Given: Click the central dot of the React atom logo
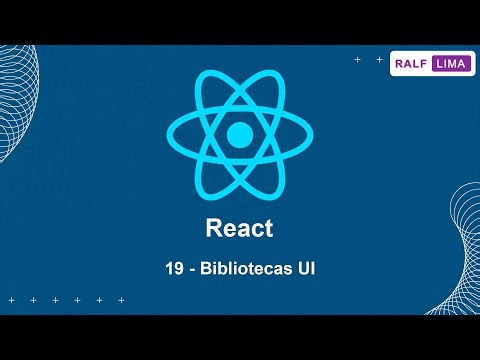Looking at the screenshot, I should [x=239, y=134].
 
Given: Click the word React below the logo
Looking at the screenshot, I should [x=239, y=228].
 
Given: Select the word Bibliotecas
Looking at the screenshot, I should [x=243, y=270].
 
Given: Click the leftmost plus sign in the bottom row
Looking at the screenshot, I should [x=11, y=300].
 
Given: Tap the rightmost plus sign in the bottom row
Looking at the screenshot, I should [x=121, y=300].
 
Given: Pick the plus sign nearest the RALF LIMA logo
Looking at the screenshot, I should [x=379, y=60].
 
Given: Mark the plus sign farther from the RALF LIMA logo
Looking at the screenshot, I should [x=357, y=60].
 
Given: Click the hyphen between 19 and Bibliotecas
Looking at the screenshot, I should [x=196, y=271].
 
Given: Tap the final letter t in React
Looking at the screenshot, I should [x=268, y=228].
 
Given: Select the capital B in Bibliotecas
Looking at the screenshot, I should [x=210, y=270].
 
